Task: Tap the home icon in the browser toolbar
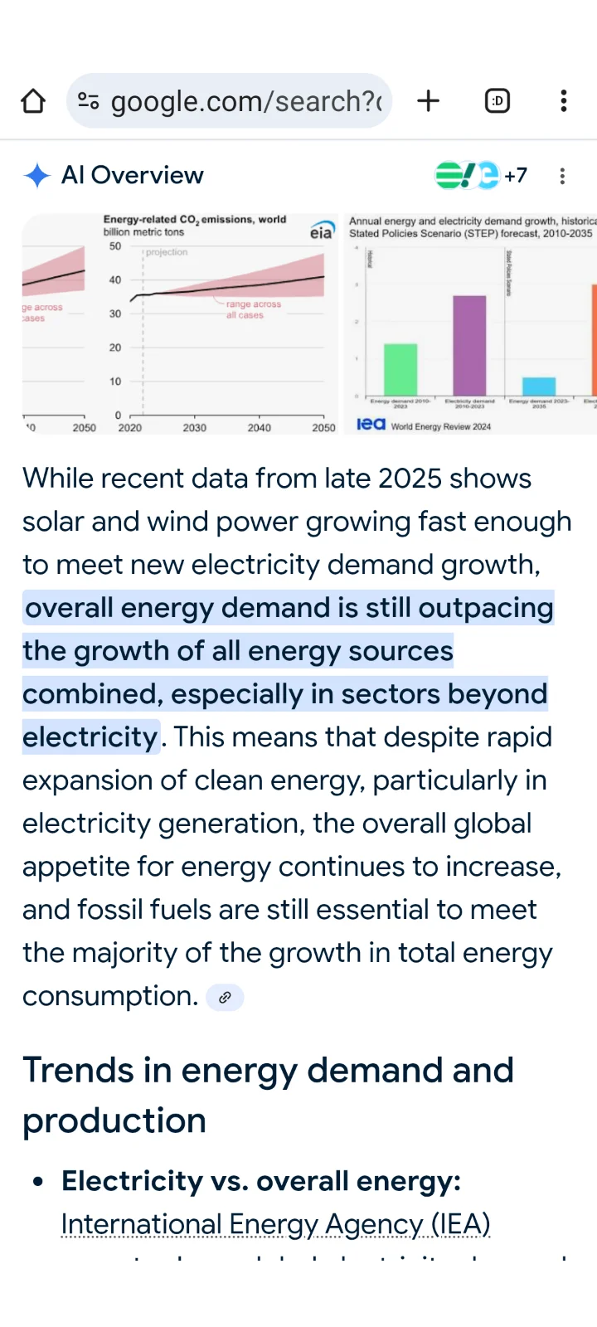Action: pos(33,101)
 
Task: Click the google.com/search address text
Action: pos(245,101)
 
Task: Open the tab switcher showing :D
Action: pos(497,101)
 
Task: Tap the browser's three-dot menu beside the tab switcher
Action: pos(564,101)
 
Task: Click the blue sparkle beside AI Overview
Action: pos(37,176)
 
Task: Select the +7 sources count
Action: pos(516,176)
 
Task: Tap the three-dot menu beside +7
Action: pos(562,176)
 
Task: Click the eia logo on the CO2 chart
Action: pos(322,231)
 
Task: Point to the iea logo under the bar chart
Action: pos(371,424)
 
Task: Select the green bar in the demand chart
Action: pos(400,369)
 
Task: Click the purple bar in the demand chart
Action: pos(469,345)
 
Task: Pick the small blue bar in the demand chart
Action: pos(539,386)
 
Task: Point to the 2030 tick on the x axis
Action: pos(195,428)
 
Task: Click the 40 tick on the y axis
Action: pos(115,280)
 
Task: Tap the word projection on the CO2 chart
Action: pos(167,252)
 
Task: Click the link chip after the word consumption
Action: pos(225,997)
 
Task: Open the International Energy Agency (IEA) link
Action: pos(275,1224)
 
